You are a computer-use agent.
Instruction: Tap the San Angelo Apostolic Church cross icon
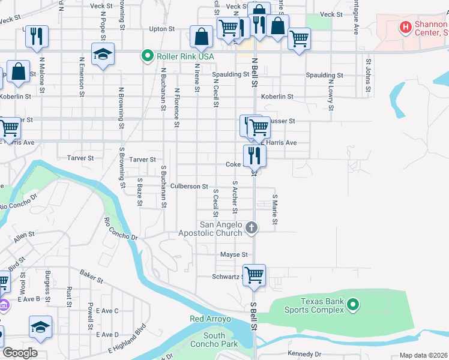[x=252, y=228]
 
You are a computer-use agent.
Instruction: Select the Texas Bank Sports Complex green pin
[x=353, y=305]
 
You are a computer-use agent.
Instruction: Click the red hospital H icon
[x=406, y=28]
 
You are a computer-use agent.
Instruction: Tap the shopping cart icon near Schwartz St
[x=255, y=275]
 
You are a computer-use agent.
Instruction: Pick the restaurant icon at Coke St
[x=255, y=155]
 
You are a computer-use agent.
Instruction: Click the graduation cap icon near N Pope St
[x=103, y=54]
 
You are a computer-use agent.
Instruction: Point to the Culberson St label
[x=188, y=187]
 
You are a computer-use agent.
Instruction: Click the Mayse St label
[x=234, y=255]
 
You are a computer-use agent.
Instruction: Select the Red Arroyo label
[x=206, y=319]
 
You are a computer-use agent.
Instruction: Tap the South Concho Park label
[x=214, y=340]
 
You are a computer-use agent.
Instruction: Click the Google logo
[x=20, y=353]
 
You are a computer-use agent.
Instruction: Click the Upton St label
[x=161, y=29]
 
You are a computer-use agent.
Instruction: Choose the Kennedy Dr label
[x=304, y=354]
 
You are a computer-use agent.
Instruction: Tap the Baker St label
[x=92, y=277]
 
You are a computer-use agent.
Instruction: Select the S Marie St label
[x=275, y=209]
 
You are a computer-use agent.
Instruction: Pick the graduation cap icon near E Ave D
[x=40, y=326]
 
